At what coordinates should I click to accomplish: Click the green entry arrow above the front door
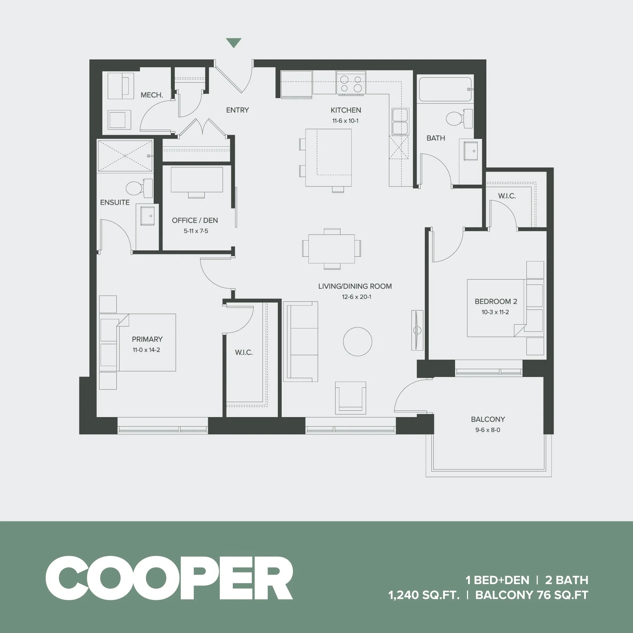click(234, 43)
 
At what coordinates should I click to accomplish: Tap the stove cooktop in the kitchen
click(351, 83)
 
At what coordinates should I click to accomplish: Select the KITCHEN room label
click(346, 110)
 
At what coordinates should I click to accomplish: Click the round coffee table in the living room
click(357, 341)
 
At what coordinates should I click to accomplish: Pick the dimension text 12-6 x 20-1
click(356, 297)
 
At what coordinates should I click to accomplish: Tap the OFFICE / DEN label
click(195, 220)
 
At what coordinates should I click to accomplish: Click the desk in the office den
click(197, 180)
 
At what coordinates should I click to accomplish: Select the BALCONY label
click(488, 419)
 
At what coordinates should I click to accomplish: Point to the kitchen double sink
click(400, 121)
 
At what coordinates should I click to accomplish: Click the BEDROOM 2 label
click(495, 301)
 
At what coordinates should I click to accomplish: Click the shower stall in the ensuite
click(125, 156)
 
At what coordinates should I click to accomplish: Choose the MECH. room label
click(152, 95)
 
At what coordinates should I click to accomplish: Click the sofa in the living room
click(301, 341)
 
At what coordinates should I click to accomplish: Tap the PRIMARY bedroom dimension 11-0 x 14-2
click(146, 350)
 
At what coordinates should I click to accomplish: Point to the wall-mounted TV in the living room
click(417, 330)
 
